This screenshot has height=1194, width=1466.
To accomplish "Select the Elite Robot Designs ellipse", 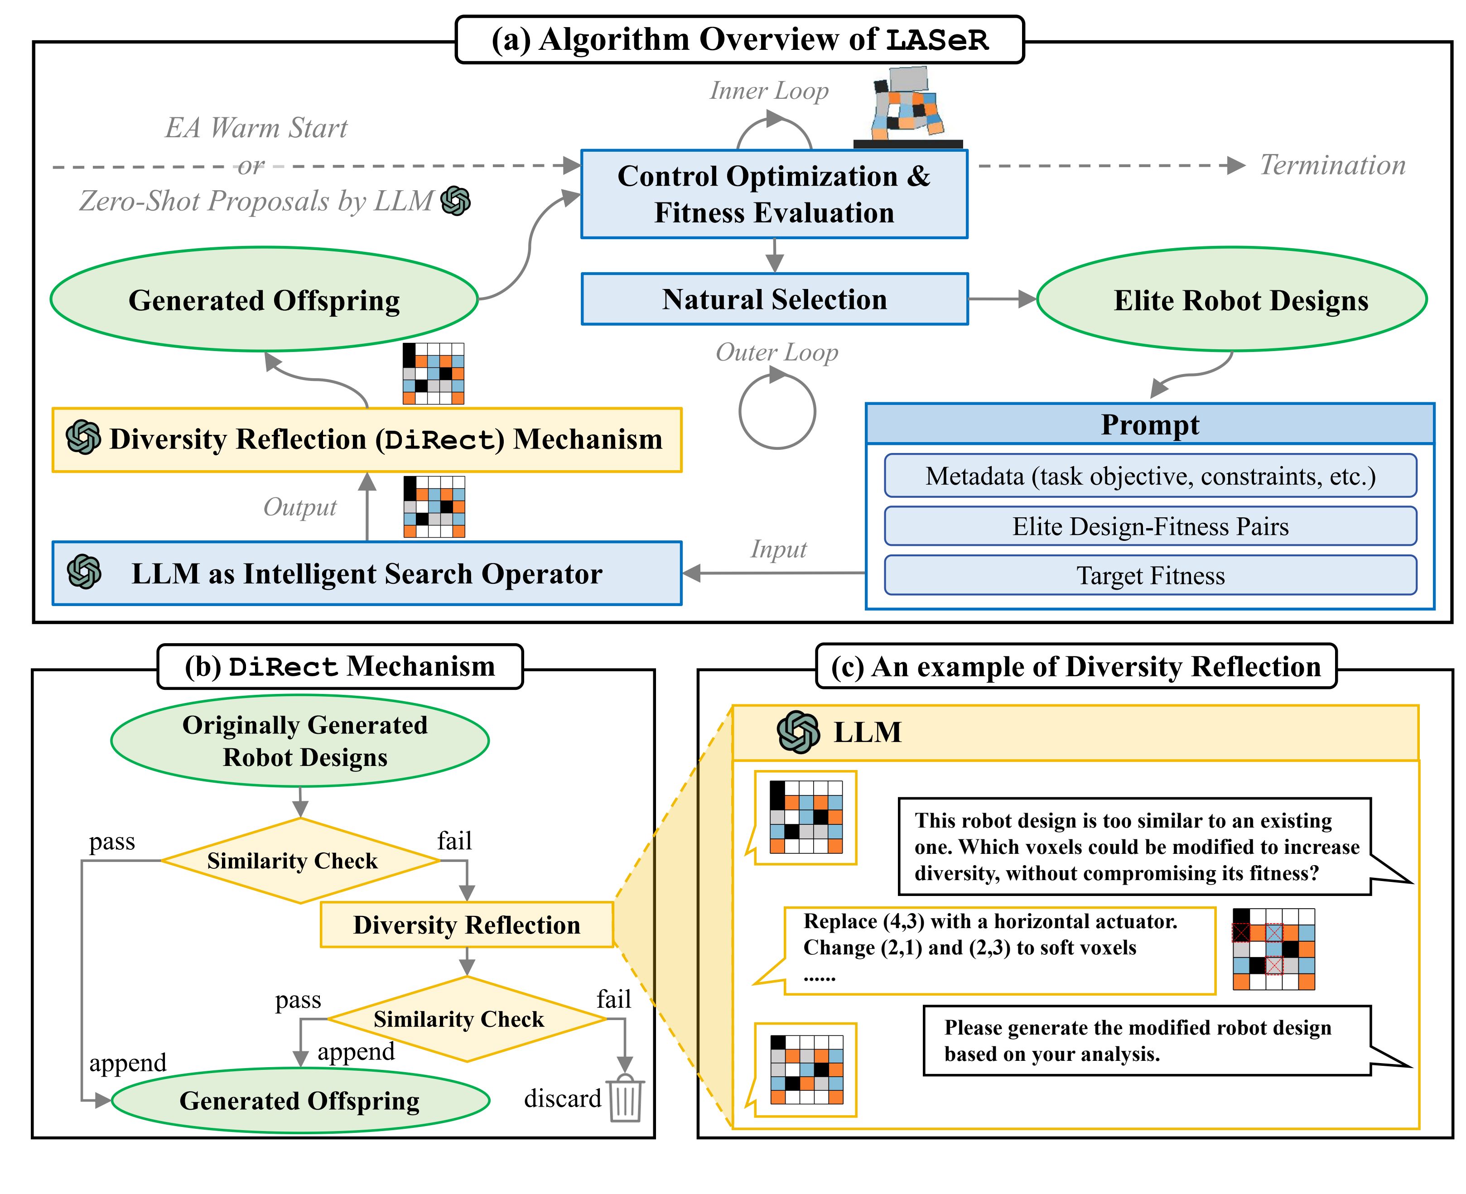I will point(1231,300).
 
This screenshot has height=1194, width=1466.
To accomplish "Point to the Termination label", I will point(1332,165).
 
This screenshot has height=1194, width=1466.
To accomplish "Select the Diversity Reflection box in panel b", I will point(467,924).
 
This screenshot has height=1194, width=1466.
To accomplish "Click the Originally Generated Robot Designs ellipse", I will point(300,741).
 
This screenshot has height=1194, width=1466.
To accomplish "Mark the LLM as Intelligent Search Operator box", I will point(366,573).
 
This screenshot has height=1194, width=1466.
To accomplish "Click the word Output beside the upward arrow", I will point(300,507).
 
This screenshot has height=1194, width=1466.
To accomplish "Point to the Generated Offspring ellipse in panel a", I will point(264,300).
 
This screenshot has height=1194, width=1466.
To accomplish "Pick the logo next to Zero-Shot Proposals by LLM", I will point(455,201).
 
